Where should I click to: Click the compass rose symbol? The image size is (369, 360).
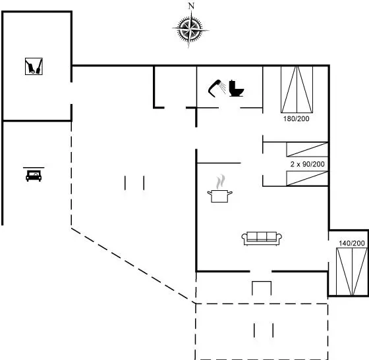click(x=190, y=30)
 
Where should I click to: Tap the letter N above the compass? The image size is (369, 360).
click(x=191, y=6)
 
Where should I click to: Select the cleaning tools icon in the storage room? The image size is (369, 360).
click(x=34, y=66)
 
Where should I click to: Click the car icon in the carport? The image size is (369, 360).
click(x=34, y=175)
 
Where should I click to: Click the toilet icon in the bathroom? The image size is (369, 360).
click(x=237, y=88)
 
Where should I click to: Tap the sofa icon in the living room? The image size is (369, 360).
click(x=262, y=238)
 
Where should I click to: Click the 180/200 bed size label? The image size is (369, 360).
click(x=297, y=118)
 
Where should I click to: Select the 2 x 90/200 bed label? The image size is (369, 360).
click(x=308, y=164)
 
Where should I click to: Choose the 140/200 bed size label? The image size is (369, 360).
click(x=352, y=244)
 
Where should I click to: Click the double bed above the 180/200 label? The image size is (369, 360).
click(x=297, y=90)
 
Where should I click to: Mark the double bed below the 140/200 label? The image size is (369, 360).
click(x=352, y=271)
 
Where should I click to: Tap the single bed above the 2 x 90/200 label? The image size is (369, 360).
click(x=307, y=149)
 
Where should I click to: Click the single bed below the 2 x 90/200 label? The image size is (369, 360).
click(x=307, y=178)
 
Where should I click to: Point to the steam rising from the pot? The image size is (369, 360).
click(x=221, y=182)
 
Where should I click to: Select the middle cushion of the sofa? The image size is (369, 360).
click(x=262, y=236)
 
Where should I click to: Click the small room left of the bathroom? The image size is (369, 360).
click(x=175, y=87)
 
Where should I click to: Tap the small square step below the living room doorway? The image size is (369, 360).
click(x=262, y=288)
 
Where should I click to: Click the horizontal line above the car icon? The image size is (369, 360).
click(x=34, y=168)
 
